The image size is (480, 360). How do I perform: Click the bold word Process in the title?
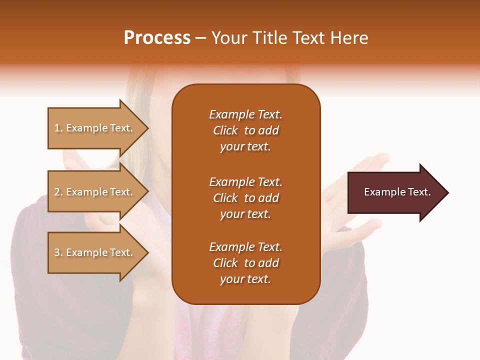pyautogui.click(x=157, y=38)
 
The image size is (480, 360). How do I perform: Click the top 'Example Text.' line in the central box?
pyautogui.click(x=245, y=114)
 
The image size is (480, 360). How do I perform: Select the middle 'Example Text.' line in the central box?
pyautogui.click(x=245, y=182)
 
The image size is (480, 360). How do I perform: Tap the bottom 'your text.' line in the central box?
pyautogui.click(x=245, y=279)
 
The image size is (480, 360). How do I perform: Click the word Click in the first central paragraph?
pyautogui.click(x=225, y=130)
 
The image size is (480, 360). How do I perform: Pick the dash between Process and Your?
pyautogui.click(x=200, y=38)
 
